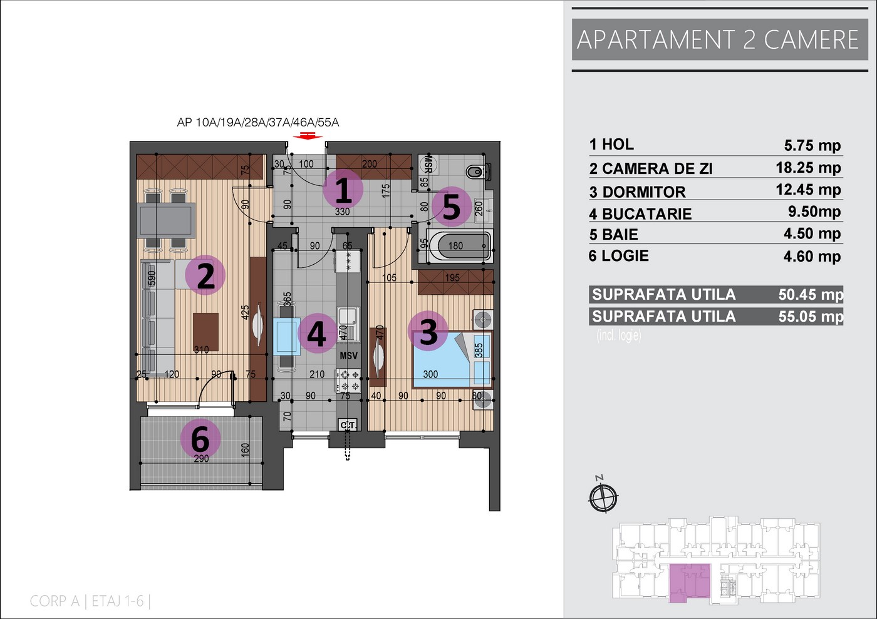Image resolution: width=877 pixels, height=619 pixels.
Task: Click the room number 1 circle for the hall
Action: (343, 189)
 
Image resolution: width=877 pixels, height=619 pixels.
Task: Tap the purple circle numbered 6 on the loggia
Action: (200, 438)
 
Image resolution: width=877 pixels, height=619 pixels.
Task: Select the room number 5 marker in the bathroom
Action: (452, 207)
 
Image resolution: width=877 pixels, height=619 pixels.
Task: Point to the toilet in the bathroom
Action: (477, 171)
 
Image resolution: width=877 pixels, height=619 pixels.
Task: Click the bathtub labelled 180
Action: (459, 245)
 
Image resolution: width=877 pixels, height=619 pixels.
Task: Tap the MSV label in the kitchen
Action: (348, 356)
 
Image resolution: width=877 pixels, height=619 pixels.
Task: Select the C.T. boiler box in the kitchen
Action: (348, 425)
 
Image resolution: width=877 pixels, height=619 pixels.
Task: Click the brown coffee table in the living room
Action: (205, 332)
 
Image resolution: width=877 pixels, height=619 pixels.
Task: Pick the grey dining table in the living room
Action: (167, 220)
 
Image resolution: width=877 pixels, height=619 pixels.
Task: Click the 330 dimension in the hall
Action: (342, 212)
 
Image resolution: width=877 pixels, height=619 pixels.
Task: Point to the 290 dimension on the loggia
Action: (201, 459)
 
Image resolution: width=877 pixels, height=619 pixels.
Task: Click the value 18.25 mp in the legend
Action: (809, 168)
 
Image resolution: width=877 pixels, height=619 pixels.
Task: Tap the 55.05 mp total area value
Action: (811, 316)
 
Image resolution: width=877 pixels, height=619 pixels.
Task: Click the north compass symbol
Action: (603, 497)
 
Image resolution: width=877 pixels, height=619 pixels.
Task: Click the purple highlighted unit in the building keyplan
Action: (690, 582)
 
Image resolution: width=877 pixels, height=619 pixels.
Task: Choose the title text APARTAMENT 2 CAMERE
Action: (718, 39)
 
